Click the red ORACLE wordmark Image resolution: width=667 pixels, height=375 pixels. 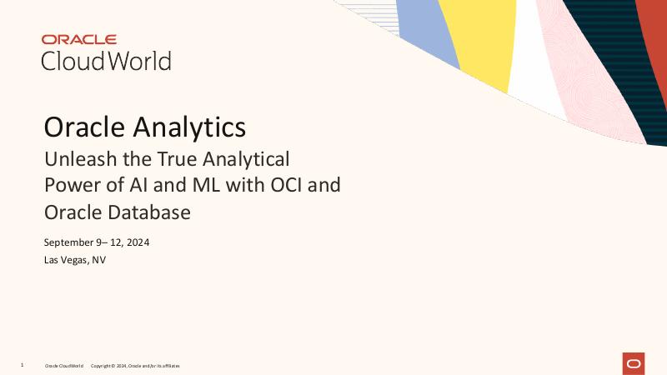click(x=79, y=39)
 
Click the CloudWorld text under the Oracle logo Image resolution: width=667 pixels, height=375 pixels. click(x=106, y=61)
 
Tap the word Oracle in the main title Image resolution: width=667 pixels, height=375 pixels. click(x=83, y=127)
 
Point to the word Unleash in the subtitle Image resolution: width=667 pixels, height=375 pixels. click(x=75, y=157)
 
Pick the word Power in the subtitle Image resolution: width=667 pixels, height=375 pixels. click(x=68, y=184)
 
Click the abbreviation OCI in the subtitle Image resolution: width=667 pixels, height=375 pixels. click(x=273, y=184)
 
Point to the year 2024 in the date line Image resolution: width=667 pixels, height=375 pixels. click(x=138, y=242)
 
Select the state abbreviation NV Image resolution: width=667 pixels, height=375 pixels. click(x=99, y=260)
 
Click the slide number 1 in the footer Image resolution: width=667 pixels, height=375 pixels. click(x=22, y=365)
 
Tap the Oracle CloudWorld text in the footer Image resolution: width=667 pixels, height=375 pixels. click(x=64, y=366)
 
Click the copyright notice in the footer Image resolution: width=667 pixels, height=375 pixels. click(x=134, y=366)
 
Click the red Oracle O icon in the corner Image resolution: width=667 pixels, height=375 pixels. click(x=633, y=363)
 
